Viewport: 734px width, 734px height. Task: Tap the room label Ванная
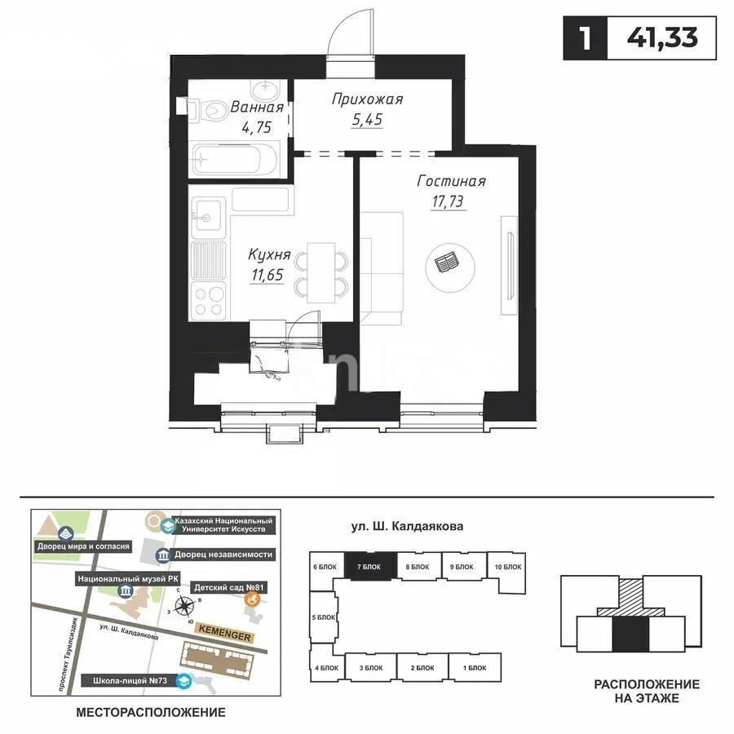coord(256,108)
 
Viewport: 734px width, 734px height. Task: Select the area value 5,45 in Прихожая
coord(367,120)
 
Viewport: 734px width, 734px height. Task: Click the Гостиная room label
coord(451,181)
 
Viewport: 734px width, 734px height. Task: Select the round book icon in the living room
coord(447,263)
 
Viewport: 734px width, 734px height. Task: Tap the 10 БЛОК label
coord(508,566)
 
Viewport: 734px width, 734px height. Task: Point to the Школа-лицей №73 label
coord(130,679)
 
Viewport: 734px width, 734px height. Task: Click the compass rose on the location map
coord(186,606)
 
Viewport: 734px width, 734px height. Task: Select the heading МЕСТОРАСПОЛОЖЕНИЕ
coord(150,712)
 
